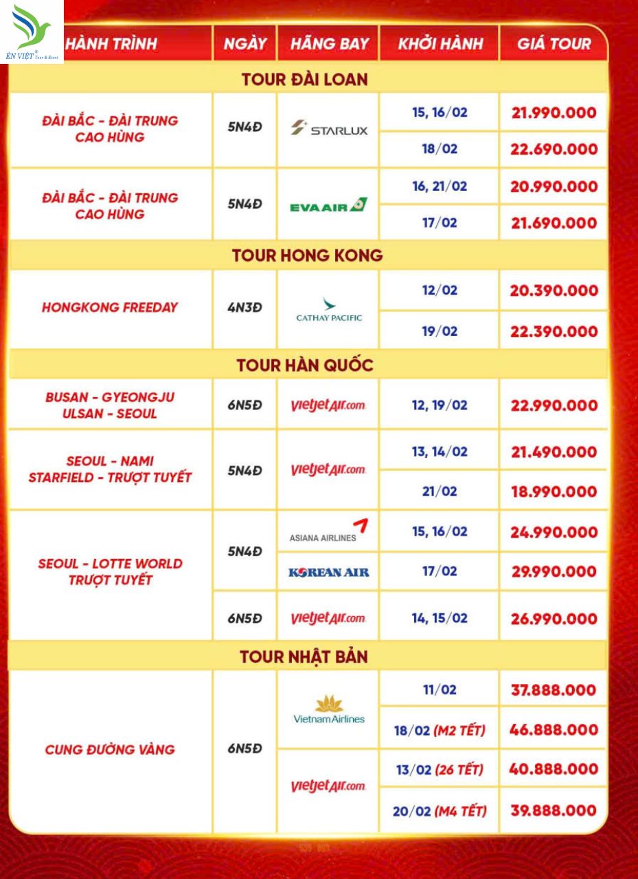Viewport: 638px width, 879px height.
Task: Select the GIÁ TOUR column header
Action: (x=554, y=44)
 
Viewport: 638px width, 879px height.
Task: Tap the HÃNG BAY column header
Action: (x=329, y=44)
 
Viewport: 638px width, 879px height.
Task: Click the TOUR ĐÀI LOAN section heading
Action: (x=305, y=79)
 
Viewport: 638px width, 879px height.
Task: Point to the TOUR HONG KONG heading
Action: (x=307, y=255)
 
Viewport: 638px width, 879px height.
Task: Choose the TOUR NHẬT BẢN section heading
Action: (x=304, y=657)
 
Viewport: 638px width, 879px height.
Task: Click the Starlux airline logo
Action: (x=329, y=129)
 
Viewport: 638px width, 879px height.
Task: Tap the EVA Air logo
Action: (x=328, y=205)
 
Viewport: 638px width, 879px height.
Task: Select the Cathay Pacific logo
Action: (x=329, y=310)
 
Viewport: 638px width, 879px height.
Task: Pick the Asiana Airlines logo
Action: (x=329, y=532)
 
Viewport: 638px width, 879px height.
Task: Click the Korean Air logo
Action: (x=329, y=572)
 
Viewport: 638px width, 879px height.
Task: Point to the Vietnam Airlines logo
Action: (x=329, y=710)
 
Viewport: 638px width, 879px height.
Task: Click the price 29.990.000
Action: (x=554, y=572)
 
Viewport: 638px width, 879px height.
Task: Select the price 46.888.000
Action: (x=554, y=730)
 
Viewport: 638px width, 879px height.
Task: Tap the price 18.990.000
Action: (x=554, y=492)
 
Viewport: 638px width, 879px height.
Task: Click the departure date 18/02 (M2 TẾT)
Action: (x=440, y=731)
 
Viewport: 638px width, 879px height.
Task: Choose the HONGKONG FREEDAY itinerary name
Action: (x=110, y=308)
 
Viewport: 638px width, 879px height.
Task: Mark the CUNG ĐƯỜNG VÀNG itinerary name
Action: (x=110, y=749)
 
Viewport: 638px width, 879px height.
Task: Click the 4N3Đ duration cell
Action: (x=245, y=308)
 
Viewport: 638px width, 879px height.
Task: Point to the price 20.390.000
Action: (x=554, y=290)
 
